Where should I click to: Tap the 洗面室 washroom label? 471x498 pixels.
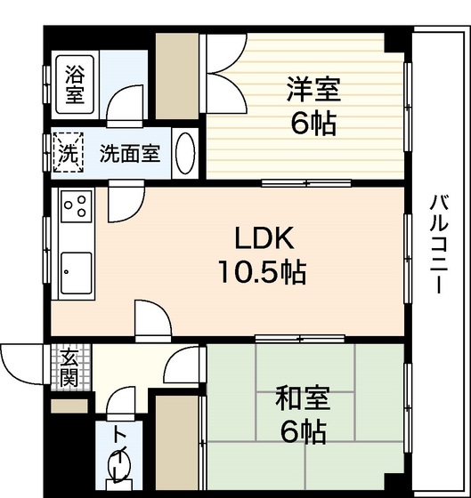point(130,153)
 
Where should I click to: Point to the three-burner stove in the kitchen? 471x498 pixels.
point(76,208)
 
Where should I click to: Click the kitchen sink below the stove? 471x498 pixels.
point(76,271)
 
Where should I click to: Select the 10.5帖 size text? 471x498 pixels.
point(264,272)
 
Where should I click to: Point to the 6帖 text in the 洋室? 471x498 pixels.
point(313,124)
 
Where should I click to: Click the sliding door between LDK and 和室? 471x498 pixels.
point(288,337)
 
